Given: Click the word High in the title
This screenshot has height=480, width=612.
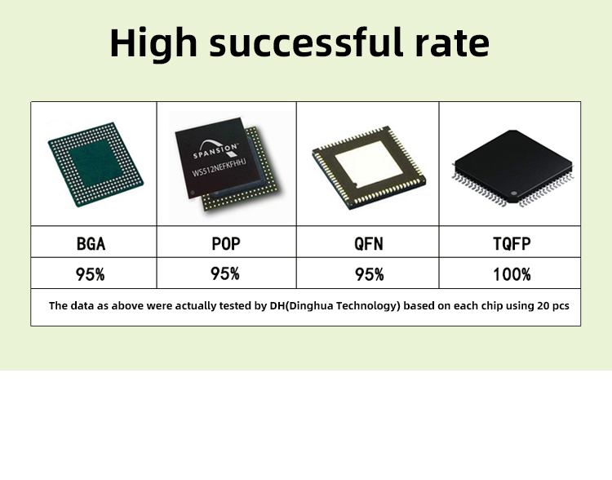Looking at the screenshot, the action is [x=153, y=43].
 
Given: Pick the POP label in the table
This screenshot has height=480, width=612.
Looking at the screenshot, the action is [x=226, y=243].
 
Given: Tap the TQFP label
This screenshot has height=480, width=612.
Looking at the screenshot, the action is [x=512, y=244].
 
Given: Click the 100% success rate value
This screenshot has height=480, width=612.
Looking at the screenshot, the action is [x=512, y=274].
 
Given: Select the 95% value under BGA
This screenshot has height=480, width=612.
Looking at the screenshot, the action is [x=90, y=274].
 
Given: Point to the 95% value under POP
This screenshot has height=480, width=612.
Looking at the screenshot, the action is [x=225, y=273].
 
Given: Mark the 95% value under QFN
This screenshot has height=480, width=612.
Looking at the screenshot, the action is [x=369, y=274].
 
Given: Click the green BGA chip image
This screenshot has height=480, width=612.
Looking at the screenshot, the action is [x=95, y=164].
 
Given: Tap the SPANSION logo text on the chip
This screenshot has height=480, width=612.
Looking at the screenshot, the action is [x=215, y=150].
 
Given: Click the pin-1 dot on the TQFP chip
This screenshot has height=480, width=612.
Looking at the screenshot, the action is [x=513, y=193].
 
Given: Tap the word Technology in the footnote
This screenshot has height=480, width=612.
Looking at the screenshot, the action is [x=368, y=305].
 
